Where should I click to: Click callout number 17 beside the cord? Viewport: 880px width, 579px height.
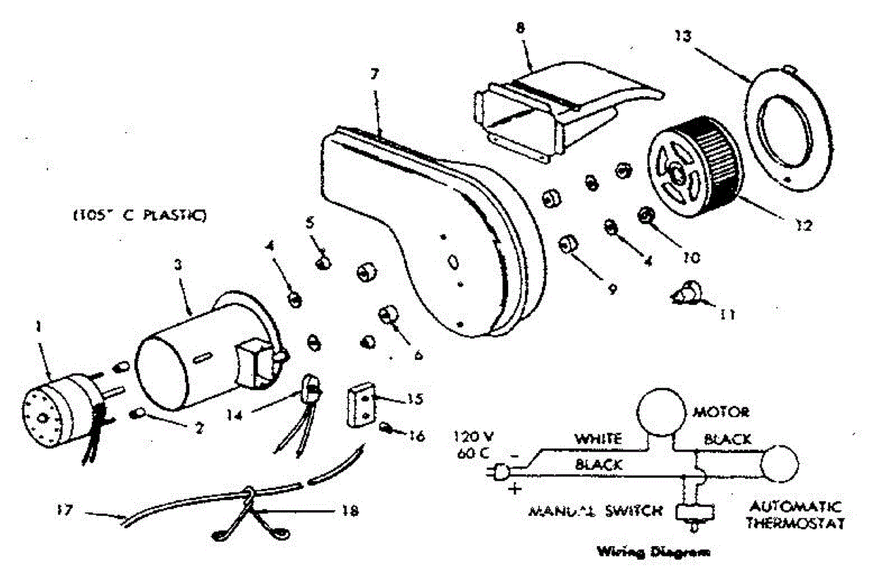click(x=64, y=509)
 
